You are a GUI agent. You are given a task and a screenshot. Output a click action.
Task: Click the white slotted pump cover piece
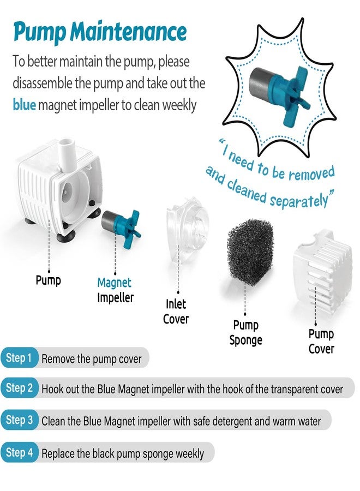322,270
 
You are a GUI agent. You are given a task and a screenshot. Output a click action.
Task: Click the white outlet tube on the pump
68,154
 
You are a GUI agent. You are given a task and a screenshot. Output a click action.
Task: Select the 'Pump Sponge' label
246,333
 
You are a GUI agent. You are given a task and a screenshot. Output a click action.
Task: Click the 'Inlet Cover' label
176,312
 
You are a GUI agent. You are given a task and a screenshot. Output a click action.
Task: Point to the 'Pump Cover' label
321,342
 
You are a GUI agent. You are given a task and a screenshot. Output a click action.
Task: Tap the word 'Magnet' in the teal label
114,283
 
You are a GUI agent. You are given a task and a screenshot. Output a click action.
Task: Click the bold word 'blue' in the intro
24,105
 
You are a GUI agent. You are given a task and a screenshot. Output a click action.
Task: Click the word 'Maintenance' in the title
128,32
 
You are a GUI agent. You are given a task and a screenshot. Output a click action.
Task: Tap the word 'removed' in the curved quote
311,173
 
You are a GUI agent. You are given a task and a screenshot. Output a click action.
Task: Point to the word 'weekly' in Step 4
190,454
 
